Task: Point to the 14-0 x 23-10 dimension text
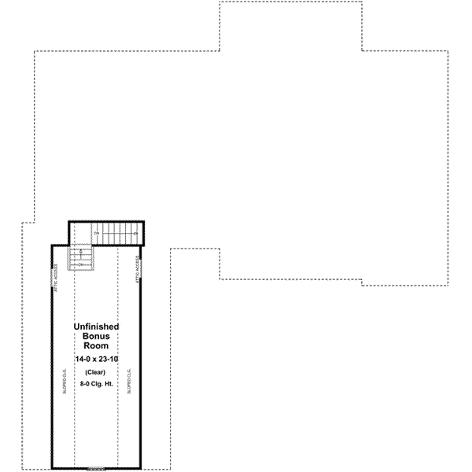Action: click(96, 359)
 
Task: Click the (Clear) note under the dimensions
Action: click(96, 372)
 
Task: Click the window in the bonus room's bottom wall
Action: click(96, 469)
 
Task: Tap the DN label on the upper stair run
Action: click(97, 234)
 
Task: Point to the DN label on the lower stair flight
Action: click(81, 265)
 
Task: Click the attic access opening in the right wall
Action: click(140, 268)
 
